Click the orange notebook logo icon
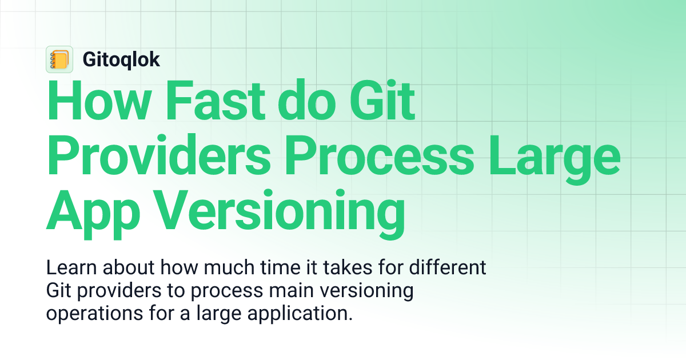[59, 59]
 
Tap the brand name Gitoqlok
[121, 59]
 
